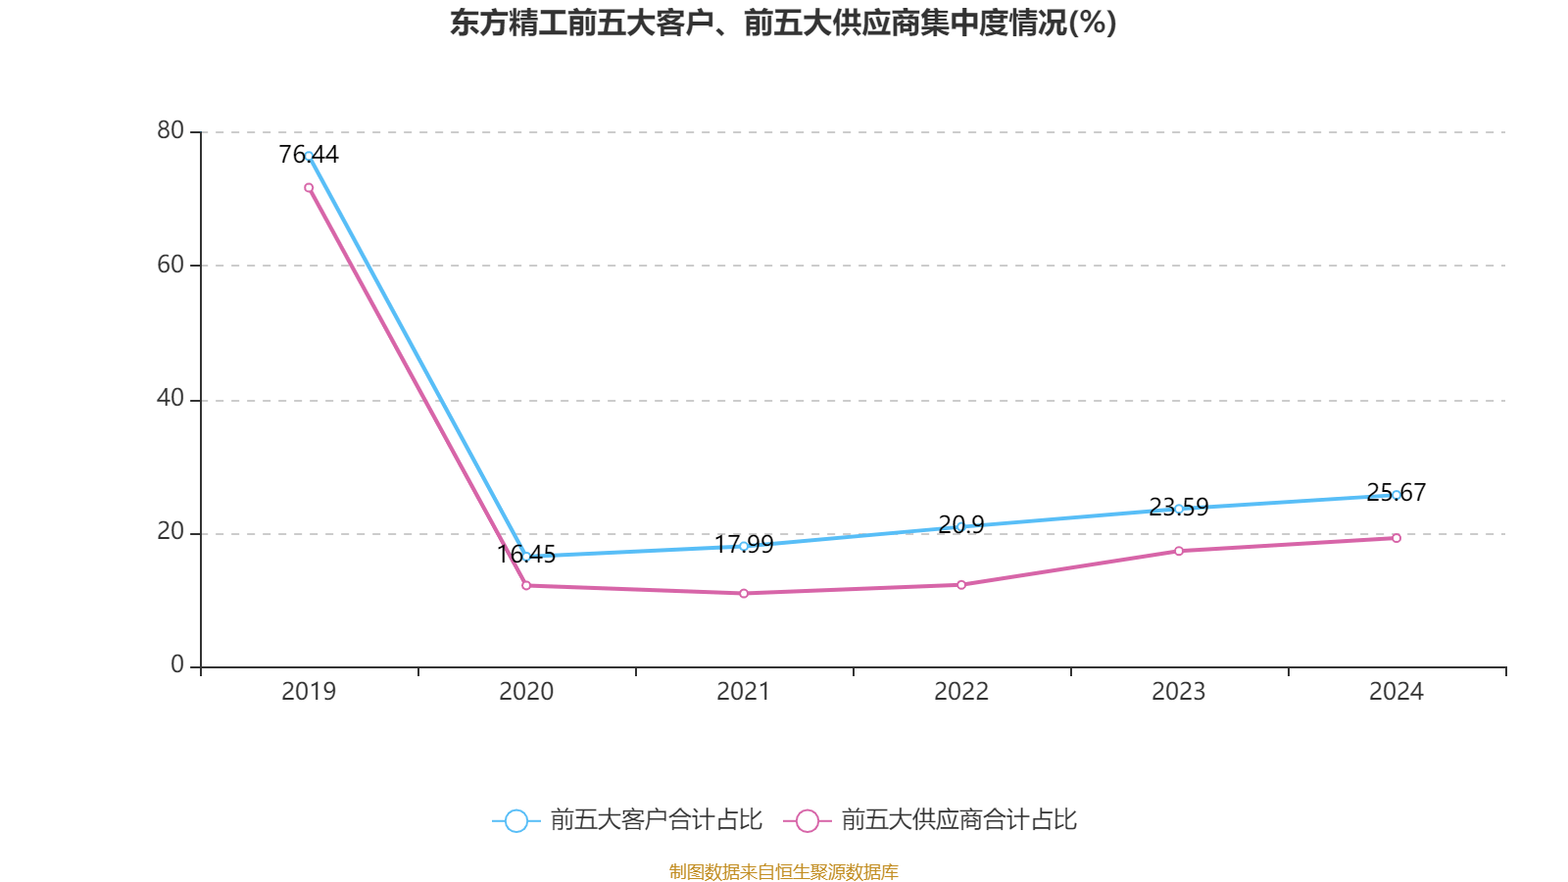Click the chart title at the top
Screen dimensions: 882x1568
point(783,23)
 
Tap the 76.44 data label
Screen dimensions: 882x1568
point(309,154)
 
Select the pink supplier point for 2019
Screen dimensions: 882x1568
point(309,187)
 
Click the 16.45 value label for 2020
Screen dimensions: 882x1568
point(526,555)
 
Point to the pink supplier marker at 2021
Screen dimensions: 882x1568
point(744,594)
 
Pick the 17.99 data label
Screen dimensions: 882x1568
point(744,545)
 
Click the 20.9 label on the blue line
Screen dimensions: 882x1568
point(961,525)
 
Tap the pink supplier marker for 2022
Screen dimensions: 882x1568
point(961,585)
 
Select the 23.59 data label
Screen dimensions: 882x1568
point(1179,508)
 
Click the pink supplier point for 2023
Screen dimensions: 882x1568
point(1179,551)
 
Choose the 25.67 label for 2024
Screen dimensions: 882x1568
point(1396,492)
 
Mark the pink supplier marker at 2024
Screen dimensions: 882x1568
point(1396,538)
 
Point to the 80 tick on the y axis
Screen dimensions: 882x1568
point(171,130)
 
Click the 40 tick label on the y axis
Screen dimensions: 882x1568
point(171,398)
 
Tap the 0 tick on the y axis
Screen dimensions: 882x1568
point(177,665)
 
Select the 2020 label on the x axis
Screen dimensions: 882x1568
point(526,692)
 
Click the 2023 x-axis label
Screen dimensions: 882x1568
point(1179,692)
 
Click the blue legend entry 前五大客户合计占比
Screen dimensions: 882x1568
point(627,820)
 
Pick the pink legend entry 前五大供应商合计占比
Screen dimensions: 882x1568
point(931,820)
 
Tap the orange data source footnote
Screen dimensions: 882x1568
point(783,871)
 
